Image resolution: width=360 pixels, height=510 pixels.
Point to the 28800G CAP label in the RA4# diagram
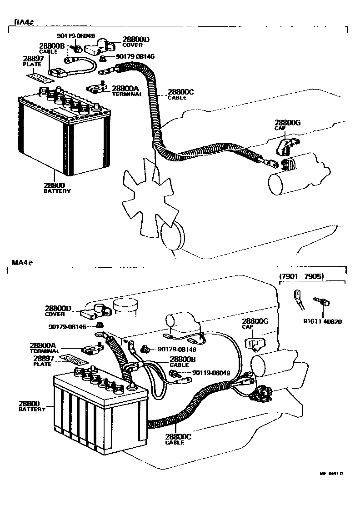click(x=287, y=125)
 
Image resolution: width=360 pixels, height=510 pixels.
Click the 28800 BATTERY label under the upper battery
click(x=57, y=188)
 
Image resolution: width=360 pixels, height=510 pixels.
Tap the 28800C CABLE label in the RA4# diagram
click(x=180, y=94)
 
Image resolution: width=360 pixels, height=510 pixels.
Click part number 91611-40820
click(x=322, y=321)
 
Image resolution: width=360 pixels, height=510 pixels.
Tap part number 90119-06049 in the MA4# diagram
click(x=211, y=373)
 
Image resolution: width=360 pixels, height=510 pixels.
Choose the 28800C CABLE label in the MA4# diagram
click(x=175, y=439)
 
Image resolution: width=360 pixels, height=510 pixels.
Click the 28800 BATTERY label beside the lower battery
click(x=32, y=406)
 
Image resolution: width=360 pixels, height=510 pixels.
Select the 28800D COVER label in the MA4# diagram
click(x=58, y=311)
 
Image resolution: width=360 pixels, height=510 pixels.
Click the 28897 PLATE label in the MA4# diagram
click(x=42, y=361)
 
